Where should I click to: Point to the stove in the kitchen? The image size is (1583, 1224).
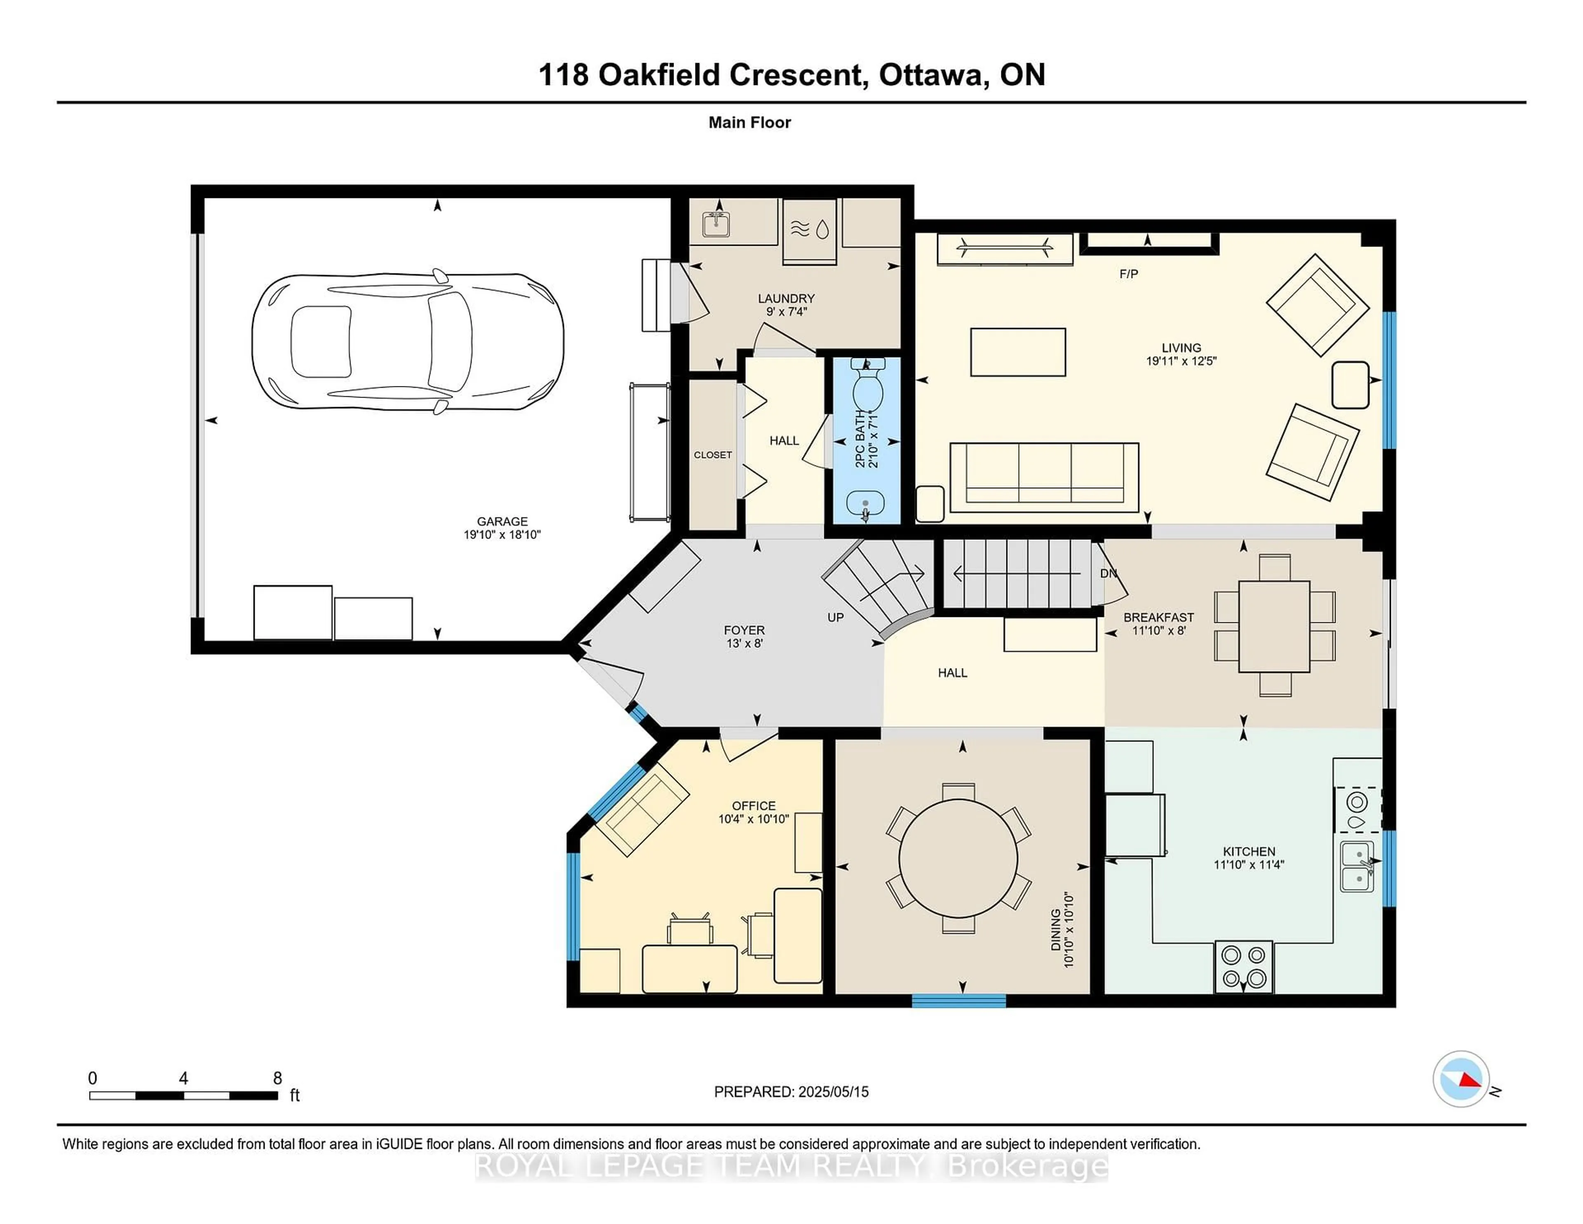click(1244, 967)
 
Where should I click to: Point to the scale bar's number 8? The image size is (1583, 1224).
click(277, 1078)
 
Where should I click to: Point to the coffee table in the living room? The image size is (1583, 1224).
click(1018, 353)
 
